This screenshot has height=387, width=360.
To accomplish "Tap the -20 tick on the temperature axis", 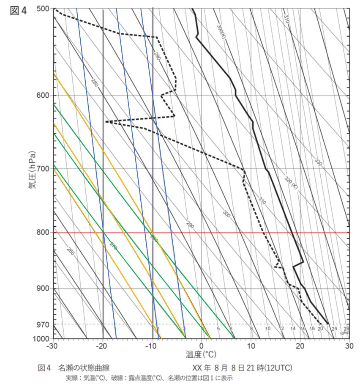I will pyautogui.click(x=103, y=346).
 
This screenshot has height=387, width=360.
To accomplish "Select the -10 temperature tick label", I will pyautogui.click(x=152, y=346).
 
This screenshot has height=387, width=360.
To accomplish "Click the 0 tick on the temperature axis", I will pyautogui.click(x=202, y=346).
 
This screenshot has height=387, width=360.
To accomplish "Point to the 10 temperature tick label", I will pyautogui.click(x=251, y=346).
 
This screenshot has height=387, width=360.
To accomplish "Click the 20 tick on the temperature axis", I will pyautogui.click(x=300, y=346).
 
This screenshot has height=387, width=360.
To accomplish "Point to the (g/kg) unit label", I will pyautogui.click(x=344, y=333).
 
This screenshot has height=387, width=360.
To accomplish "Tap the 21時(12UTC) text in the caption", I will pyautogui.click(x=271, y=367).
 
